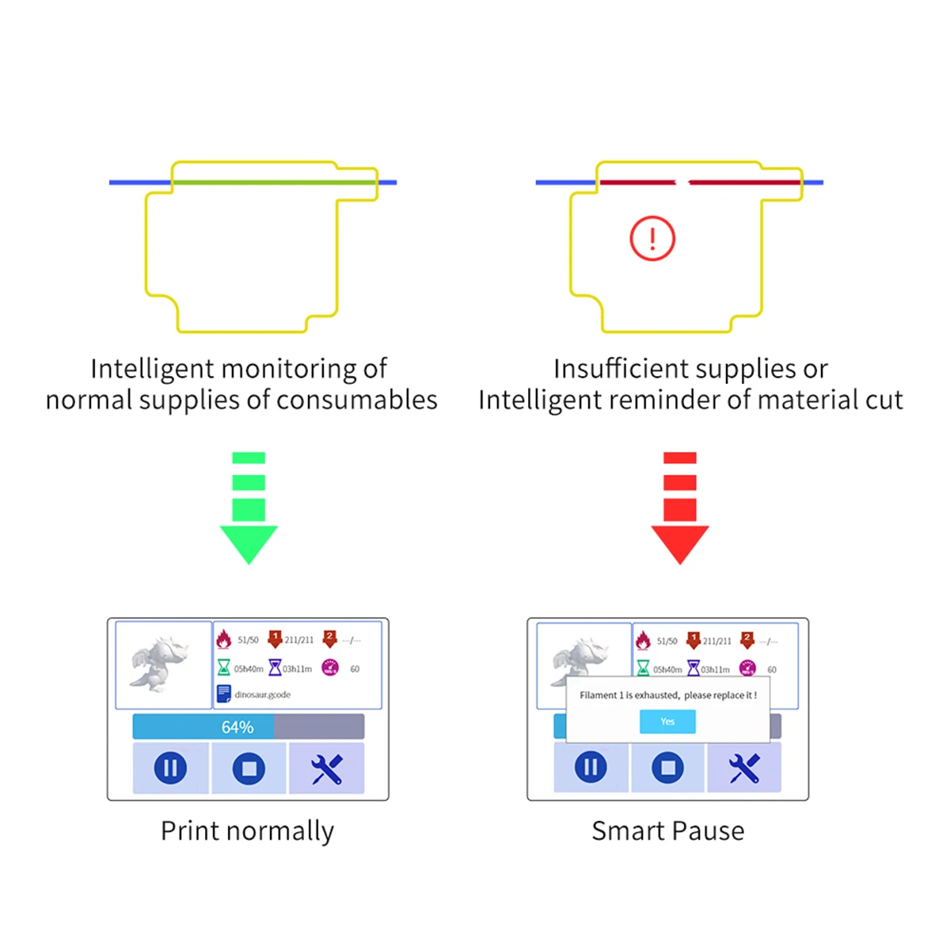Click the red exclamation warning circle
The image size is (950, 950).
pyautogui.click(x=652, y=238)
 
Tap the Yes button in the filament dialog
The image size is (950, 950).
pyautogui.click(x=667, y=721)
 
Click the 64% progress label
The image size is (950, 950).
pyautogui.click(x=237, y=727)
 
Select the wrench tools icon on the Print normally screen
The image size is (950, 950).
pyautogui.click(x=326, y=769)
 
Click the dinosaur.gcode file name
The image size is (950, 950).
pyautogui.click(x=263, y=694)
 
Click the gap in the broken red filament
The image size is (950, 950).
pyautogui.click(x=682, y=183)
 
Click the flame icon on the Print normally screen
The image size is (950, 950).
pyautogui.click(x=224, y=639)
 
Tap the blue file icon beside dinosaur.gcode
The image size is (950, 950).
pyautogui.click(x=224, y=693)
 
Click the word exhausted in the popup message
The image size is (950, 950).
pyautogui.click(x=657, y=695)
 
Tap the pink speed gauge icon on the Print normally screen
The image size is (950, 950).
pyautogui.click(x=330, y=668)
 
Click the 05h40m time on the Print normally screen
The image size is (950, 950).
pyautogui.click(x=249, y=669)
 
